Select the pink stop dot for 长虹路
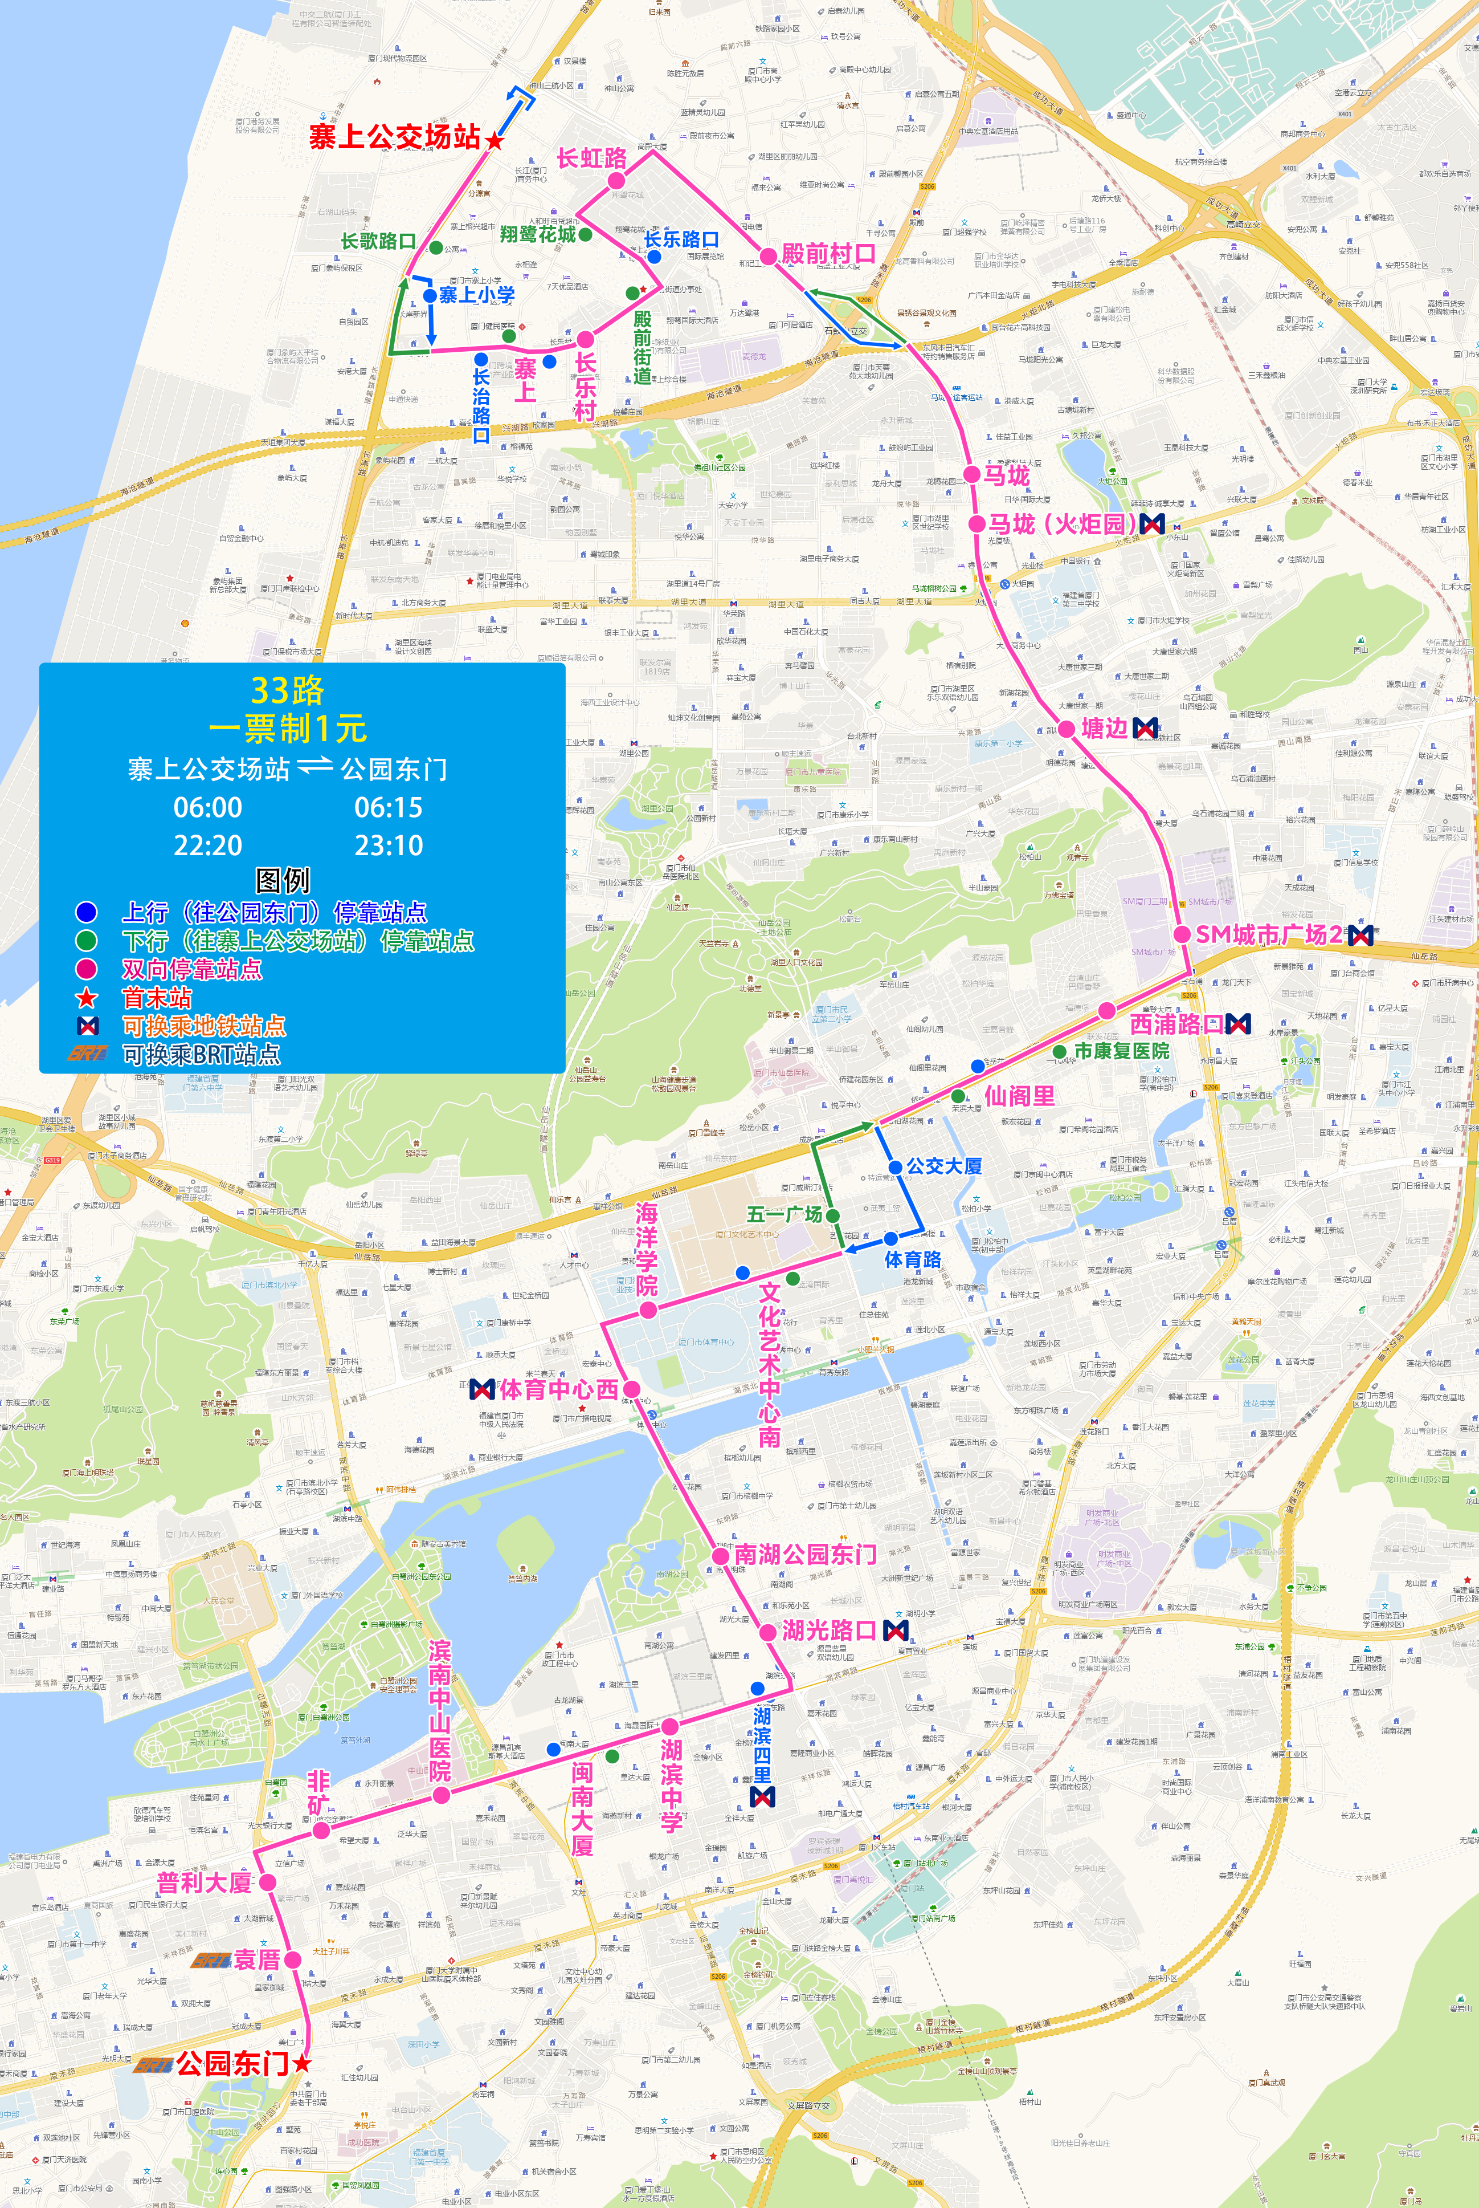(616, 180)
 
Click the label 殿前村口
(828, 253)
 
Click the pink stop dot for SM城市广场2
(1182, 934)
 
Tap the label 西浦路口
(1176, 1024)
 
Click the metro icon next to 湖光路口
(895, 1629)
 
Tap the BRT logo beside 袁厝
(210, 1960)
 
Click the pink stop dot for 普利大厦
(267, 1881)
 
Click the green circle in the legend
(86, 941)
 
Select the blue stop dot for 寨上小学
(430, 295)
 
